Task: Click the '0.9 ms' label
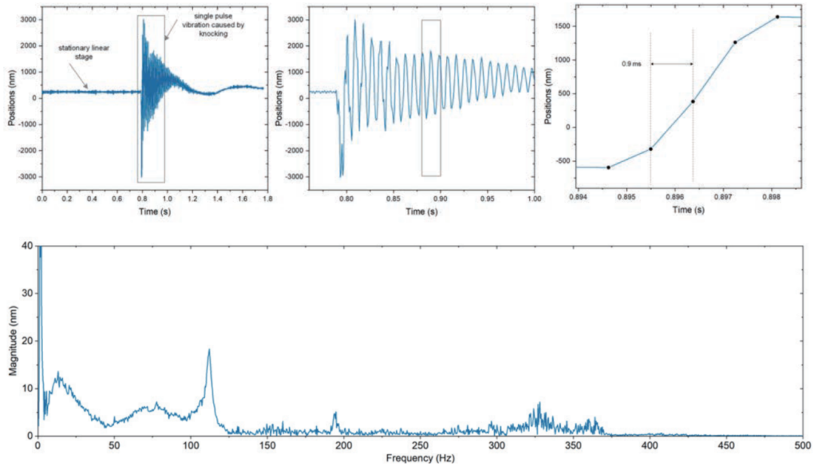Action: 631,64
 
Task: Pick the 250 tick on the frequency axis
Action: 420,446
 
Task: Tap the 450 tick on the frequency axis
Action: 726,446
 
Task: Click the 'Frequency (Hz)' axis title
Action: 420,458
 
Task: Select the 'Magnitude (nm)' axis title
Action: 13,341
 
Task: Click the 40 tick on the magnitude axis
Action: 28,246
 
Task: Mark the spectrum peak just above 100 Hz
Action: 209,349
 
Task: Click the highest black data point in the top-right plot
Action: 777,17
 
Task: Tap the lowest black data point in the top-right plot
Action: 608,167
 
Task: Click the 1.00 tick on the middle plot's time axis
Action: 534,201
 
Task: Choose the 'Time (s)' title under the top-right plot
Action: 688,210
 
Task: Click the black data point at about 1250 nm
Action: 735,42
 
